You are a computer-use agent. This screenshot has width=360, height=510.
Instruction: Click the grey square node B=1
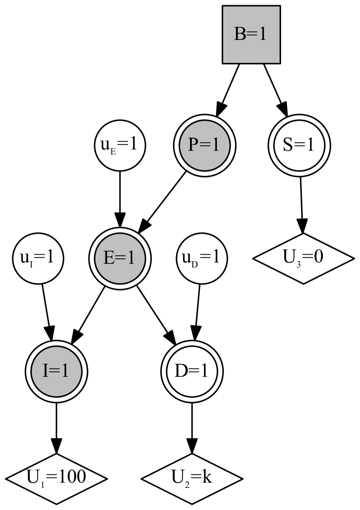click(x=251, y=34)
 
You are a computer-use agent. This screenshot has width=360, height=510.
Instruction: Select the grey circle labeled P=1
click(x=204, y=145)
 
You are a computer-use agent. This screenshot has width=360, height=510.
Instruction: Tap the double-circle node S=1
click(x=299, y=145)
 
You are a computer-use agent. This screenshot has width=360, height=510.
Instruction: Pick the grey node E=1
click(x=120, y=258)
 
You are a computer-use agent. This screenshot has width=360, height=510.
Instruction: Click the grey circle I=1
click(x=56, y=371)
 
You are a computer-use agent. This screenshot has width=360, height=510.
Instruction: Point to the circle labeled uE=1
click(x=120, y=145)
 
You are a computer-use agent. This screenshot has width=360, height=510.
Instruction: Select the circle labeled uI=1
click(x=38, y=258)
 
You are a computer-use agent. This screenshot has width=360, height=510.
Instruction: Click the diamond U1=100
click(x=56, y=479)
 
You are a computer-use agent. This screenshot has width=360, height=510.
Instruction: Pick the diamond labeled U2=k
click(x=192, y=479)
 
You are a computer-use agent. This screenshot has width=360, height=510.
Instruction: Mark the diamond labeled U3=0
click(x=303, y=258)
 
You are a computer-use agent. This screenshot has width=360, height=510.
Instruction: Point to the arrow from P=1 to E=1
click(x=165, y=199)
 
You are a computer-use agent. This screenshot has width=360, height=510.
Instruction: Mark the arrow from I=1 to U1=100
click(x=56, y=427)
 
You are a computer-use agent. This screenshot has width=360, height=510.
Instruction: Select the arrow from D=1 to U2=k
click(x=192, y=427)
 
